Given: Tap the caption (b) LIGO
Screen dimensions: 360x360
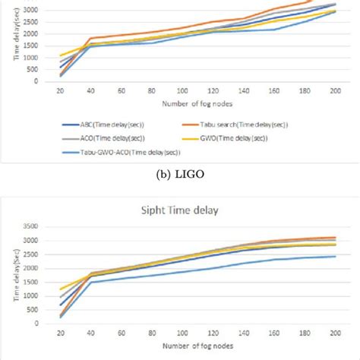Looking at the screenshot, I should [x=180, y=173].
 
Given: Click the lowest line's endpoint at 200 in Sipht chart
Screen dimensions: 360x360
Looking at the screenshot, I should [x=335, y=256].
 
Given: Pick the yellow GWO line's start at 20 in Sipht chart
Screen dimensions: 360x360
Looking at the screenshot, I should [x=61, y=289].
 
